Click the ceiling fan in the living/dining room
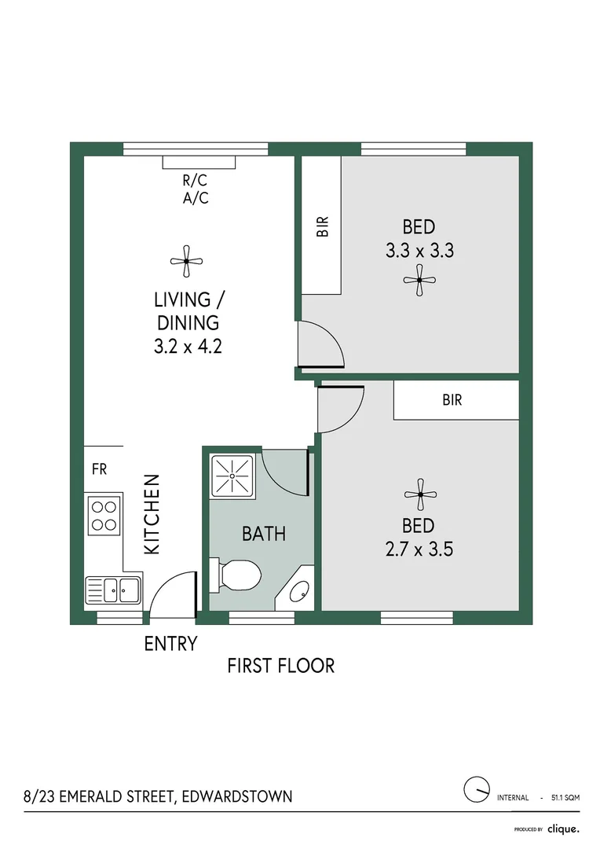point(186,261)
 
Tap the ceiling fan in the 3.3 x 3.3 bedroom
point(419,280)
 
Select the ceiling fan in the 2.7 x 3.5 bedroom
point(420,494)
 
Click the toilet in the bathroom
point(236,575)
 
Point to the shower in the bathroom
point(232,476)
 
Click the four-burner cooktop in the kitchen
point(104,516)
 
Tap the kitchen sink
point(113,590)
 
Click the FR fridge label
point(100,469)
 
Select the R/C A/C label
point(196,189)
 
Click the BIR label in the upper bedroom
point(322,227)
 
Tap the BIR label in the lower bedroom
point(452,400)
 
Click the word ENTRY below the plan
point(171,644)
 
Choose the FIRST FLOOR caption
point(281,666)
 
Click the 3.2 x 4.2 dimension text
point(188,346)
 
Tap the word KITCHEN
point(152,514)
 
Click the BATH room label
point(263,534)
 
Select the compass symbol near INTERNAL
point(477,790)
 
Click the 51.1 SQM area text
point(565,798)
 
